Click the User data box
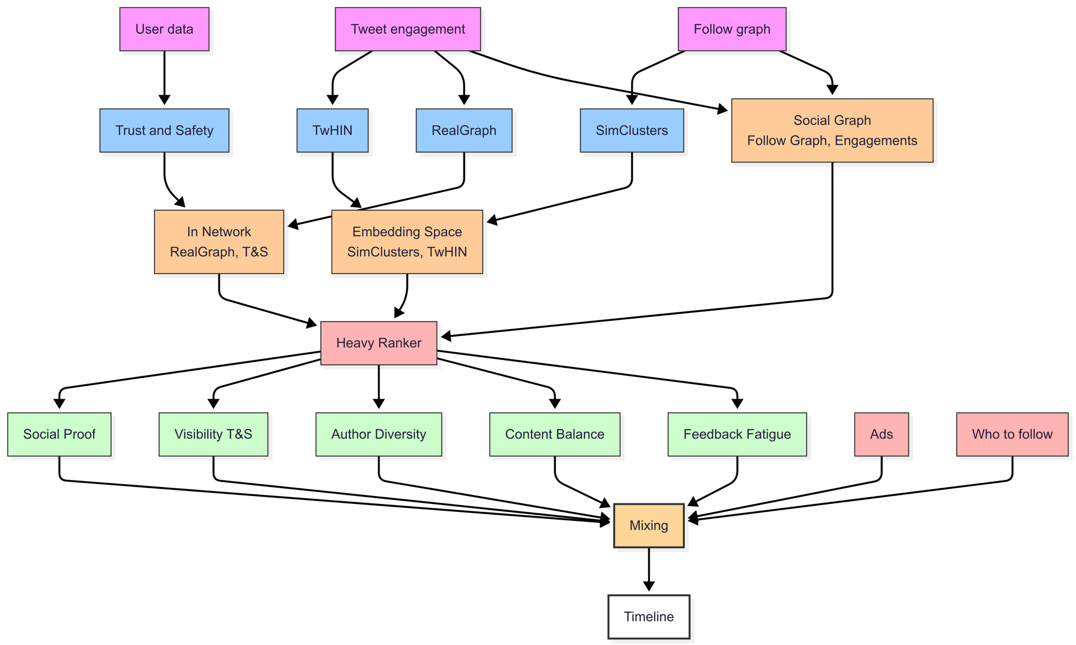point(164,29)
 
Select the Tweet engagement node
point(407,29)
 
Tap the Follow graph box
point(732,29)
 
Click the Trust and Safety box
point(164,130)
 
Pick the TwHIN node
point(332,130)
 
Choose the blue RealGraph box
point(463,130)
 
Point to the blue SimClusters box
point(632,130)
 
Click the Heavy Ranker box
point(378,343)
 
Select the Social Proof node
point(59,434)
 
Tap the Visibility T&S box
point(213,434)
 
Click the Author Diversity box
point(378,434)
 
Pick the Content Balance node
point(554,434)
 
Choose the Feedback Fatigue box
point(737,434)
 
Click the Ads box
point(881,434)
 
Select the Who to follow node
point(1012,434)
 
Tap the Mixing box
point(648,526)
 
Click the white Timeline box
point(648,617)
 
